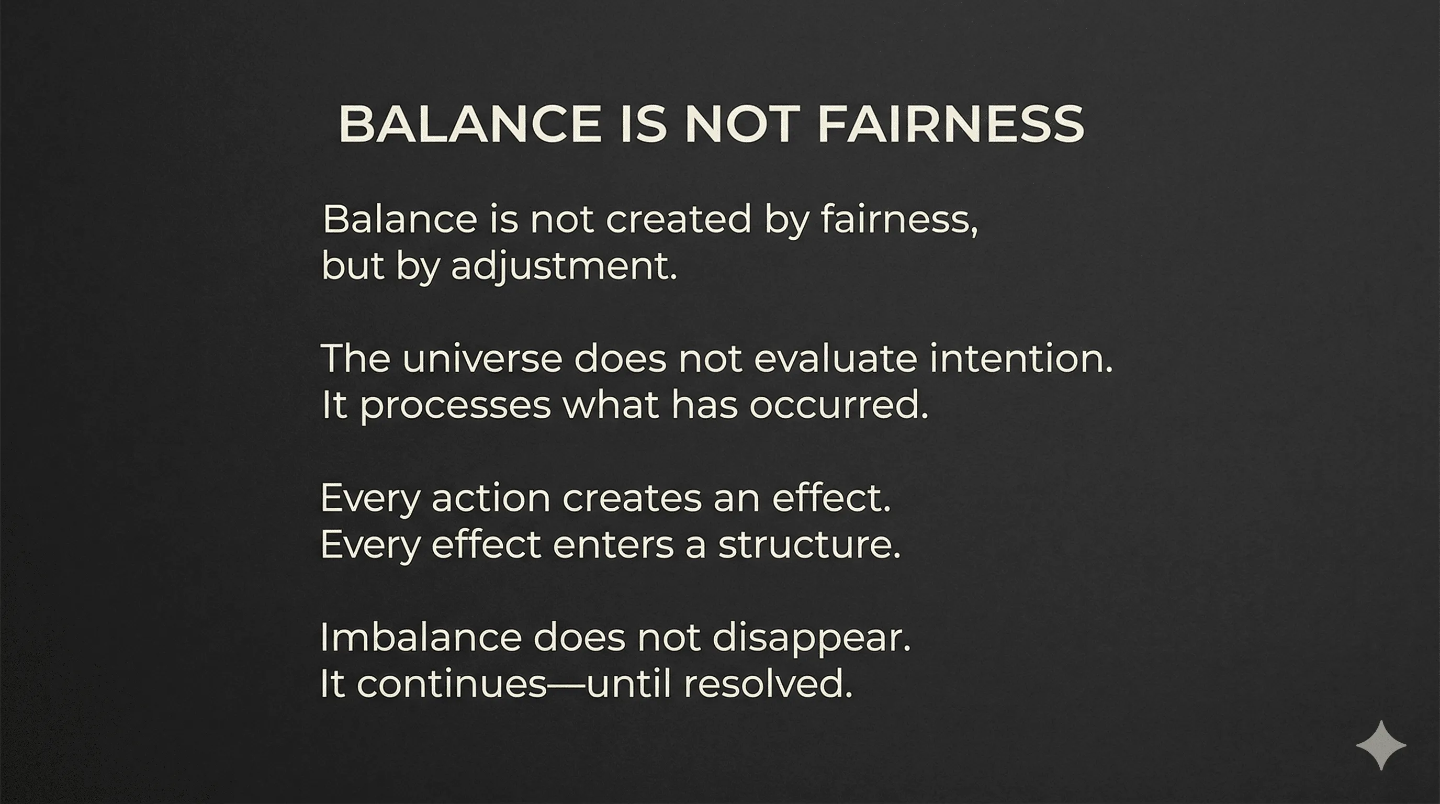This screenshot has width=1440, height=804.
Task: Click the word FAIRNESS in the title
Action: point(950,124)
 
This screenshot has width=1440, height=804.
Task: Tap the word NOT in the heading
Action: point(739,124)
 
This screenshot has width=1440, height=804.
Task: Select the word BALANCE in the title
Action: point(469,124)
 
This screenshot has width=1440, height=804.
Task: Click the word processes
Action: point(456,406)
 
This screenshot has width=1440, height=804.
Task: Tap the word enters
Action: point(613,544)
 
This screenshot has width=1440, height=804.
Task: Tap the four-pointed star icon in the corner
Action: point(1381,745)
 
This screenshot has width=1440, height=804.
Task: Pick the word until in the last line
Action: point(628,684)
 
